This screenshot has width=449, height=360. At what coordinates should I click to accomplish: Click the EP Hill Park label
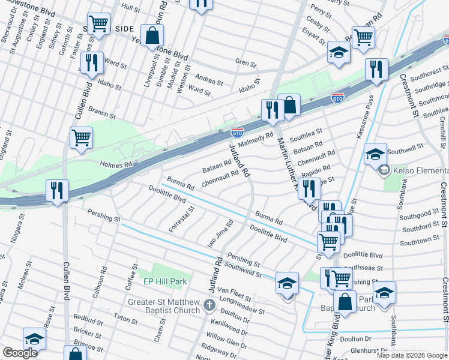coord(165,281)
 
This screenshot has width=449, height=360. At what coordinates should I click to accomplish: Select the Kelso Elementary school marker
coord(384,170)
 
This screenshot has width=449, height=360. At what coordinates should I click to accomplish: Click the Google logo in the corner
coord(20,353)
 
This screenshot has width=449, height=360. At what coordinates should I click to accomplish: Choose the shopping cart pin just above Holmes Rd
coord(81,137)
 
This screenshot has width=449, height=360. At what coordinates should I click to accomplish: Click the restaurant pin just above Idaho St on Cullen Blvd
coord(91,64)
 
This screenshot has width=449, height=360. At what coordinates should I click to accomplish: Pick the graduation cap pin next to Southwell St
coord(375,154)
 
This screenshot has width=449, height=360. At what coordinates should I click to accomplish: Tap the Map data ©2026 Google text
coord(411,355)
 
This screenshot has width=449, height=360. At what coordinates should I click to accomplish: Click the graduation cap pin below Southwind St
coord(288,283)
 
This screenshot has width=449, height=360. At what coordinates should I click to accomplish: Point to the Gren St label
coord(246,62)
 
